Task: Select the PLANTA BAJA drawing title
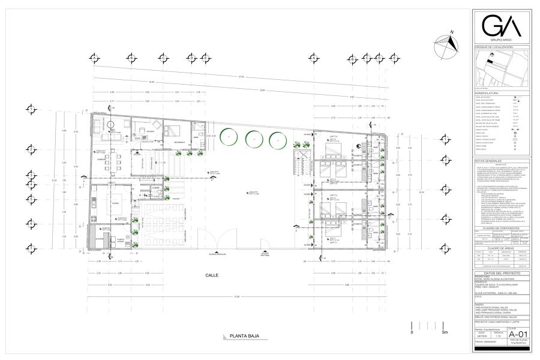click(239, 337)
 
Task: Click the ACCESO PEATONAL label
click(265, 254)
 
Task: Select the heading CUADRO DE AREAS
click(502, 247)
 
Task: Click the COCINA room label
click(111, 203)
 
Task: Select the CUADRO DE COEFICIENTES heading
click(502, 227)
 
